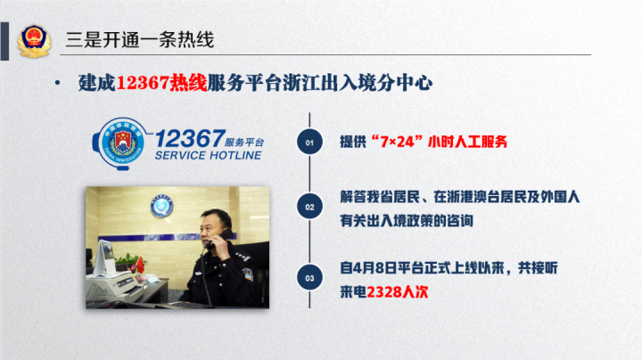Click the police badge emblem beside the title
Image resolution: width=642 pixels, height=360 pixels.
(x=34, y=40)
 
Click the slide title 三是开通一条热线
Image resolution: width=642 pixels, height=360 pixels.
(x=140, y=40)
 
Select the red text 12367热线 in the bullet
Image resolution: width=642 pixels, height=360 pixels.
(x=161, y=83)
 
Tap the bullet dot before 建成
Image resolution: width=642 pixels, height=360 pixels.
(x=57, y=83)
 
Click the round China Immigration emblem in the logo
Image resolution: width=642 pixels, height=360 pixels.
(x=122, y=143)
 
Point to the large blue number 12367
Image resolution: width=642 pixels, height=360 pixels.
(x=191, y=138)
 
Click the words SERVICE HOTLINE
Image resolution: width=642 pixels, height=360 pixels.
(x=208, y=155)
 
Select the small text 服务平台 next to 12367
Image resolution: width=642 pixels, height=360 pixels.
(x=244, y=142)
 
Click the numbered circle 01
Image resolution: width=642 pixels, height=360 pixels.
(x=309, y=143)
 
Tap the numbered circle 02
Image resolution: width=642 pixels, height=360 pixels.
(x=309, y=207)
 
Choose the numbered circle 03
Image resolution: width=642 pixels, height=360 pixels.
(x=309, y=278)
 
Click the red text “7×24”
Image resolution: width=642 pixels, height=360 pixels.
(x=396, y=142)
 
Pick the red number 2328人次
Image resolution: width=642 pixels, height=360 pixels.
(x=397, y=292)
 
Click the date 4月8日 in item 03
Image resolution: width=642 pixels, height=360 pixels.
(x=374, y=268)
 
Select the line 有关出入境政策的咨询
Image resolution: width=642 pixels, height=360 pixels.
(x=407, y=221)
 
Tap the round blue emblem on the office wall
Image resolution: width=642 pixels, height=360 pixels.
(x=161, y=206)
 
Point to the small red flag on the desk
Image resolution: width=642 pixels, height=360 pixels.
(x=140, y=265)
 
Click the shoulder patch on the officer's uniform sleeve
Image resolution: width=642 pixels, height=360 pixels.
(x=247, y=274)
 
